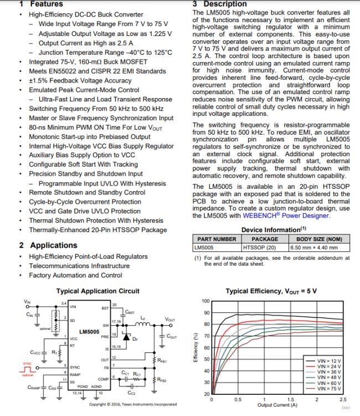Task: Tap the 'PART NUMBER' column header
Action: [217, 239]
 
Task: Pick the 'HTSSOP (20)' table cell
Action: [260, 247]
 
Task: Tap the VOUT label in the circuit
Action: [170, 320]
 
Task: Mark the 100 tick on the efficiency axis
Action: [205, 301]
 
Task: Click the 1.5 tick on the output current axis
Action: [290, 399]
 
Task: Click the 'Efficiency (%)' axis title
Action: [195, 347]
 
